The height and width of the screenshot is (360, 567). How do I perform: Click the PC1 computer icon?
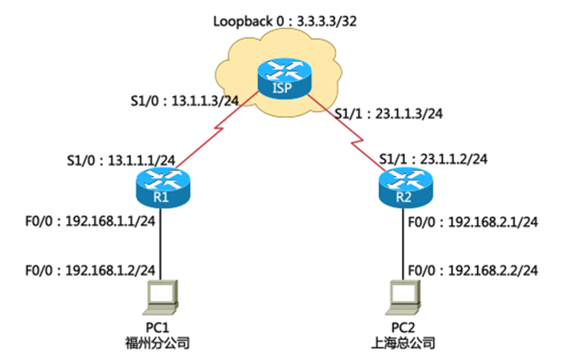tap(162, 295)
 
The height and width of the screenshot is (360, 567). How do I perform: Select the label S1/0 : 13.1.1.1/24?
tap(121, 161)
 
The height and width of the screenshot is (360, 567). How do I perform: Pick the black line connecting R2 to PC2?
tap(402, 240)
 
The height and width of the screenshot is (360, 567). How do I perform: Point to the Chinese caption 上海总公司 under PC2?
tap(404, 342)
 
